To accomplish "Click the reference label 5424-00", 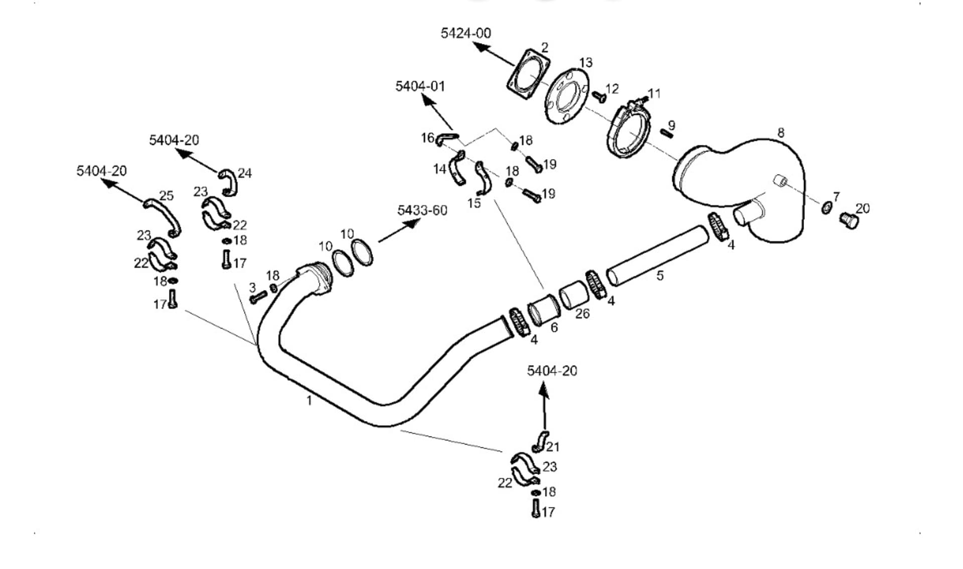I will pyautogui.click(x=465, y=33).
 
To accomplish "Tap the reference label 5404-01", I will pyautogui.click(x=420, y=86).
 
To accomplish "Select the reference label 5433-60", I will pyautogui.click(x=422, y=210).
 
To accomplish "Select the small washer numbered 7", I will pyautogui.click(x=826, y=207).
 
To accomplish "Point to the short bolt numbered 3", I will pyautogui.click(x=258, y=298).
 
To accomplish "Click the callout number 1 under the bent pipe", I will pyautogui.click(x=309, y=400).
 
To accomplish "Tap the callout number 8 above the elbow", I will pyautogui.click(x=780, y=133).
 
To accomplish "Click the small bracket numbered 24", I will pyautogui.click(x=228, y=182).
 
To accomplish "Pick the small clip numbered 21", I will pyautogui.click(x=541, y=441).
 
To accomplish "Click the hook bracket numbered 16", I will pyautogui.click(x=446, y=138).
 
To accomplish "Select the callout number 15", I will pyautogui.click(x=474, y=203).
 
